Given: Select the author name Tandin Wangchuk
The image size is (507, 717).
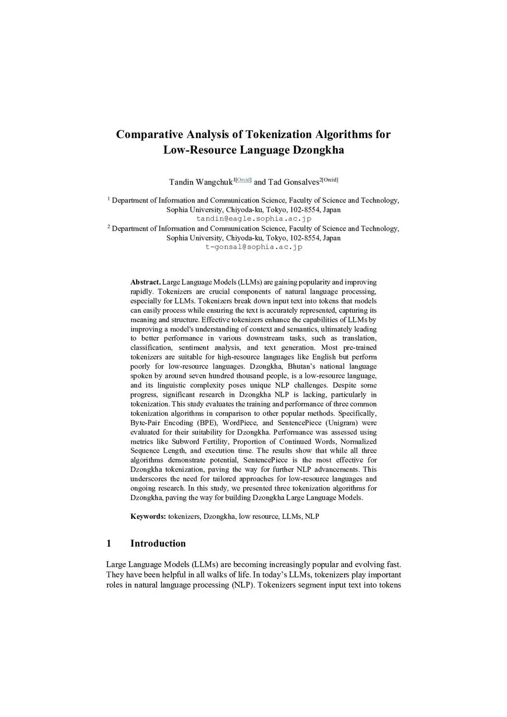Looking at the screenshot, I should (201, 182).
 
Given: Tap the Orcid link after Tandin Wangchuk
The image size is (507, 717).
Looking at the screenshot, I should (243, 180).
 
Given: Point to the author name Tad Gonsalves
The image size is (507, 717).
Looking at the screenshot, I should (294, 182).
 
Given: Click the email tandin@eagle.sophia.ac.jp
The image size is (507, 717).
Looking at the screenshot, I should (253, 218).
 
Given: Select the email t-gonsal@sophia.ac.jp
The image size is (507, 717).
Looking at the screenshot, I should (253, 247).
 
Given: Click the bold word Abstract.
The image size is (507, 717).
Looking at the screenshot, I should (145, 282).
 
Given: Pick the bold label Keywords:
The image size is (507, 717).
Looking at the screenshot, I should (148, 516).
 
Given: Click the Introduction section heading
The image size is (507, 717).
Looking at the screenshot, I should (158, 544).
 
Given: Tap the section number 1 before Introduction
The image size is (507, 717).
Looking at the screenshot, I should (109, 544).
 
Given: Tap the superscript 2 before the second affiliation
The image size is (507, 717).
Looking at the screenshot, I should (108, 227).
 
